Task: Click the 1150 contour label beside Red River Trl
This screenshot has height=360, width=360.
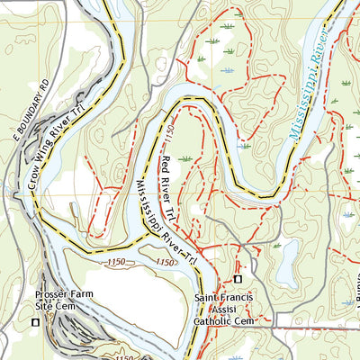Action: coord(169,136)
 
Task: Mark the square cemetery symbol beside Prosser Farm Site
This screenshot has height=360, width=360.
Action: coord(36,321)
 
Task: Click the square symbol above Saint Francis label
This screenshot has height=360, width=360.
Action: coord(238,278)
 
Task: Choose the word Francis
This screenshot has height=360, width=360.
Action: coord(241,297)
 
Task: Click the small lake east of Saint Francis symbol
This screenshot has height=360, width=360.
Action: coord(287,262)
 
